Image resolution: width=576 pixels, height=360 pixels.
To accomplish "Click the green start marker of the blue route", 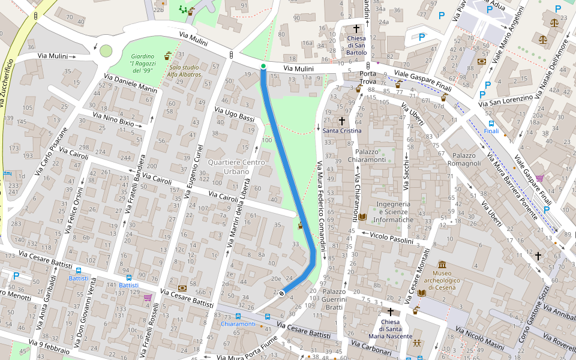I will coord(263,66).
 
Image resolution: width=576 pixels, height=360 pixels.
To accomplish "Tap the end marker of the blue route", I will coord(281,293).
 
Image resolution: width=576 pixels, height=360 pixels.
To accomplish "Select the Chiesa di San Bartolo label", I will coord(356,45).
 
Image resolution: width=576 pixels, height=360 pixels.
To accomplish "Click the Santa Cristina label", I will coord(342,130).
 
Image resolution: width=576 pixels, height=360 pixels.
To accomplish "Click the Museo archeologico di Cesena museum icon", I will coord(442,265).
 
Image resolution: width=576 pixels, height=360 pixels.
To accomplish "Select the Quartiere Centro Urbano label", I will coord(228,167).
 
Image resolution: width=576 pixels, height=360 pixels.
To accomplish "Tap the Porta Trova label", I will coord(368,78).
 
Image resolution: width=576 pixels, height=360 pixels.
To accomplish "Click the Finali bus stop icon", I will coord(491,123).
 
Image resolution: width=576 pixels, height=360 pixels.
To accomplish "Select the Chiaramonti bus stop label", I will coord(238,324).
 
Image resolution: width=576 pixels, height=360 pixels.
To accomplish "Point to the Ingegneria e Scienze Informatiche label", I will coord(393,212).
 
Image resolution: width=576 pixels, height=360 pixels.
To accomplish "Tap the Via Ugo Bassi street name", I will coord(235,114).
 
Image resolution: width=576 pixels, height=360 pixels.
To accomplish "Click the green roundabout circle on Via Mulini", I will coord(106,52).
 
